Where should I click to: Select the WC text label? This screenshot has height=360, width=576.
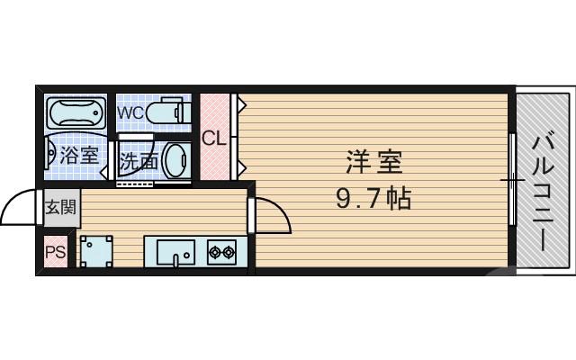point(131,112)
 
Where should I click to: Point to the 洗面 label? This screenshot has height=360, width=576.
point(139,162)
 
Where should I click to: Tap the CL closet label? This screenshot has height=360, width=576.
point(214,139)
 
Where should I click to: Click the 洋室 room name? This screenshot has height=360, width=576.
point(373,164)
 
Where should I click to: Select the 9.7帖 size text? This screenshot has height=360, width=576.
point(373,198)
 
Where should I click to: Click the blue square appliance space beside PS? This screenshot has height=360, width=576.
point(95,251)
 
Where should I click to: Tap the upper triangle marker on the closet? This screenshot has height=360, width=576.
point(241,104)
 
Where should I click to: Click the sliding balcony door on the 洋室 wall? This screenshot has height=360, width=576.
point(512,180)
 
